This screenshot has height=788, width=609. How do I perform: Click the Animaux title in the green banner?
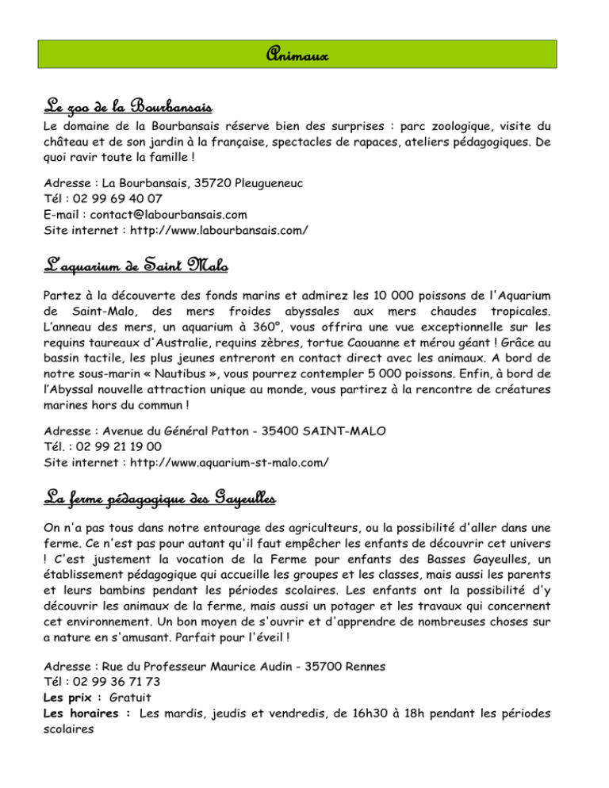point(304,56)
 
